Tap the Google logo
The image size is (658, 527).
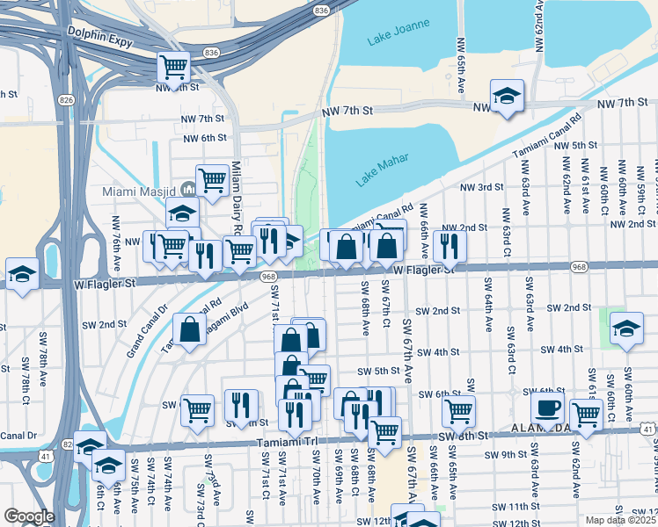[29, 516]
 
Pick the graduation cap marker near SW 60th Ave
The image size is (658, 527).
[626, 328]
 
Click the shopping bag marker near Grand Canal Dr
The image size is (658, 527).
[190, 330]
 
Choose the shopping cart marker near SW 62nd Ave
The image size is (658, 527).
[586, 415]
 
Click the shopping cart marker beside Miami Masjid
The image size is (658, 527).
[212, 181]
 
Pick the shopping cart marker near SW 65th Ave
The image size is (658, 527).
[458, 410]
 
